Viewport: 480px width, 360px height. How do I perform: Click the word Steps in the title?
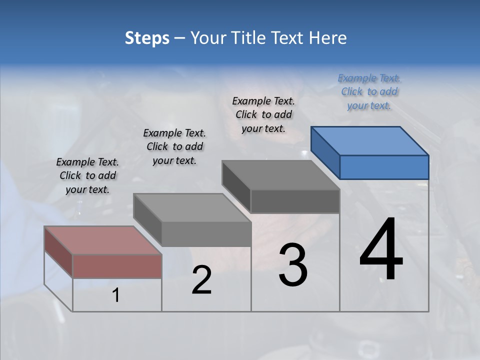147,38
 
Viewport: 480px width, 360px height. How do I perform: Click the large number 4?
381,250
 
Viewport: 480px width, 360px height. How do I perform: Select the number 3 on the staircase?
293,265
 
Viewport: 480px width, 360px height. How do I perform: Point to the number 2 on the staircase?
201,280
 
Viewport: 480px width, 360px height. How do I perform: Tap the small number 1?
115,295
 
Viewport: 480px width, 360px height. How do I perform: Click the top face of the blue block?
369,140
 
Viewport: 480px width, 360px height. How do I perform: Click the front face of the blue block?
384,167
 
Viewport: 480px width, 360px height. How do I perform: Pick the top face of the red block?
102,240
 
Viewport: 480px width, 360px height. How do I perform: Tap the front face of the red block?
117,266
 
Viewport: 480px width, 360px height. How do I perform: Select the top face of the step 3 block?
280,175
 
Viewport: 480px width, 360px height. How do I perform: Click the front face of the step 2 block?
206,234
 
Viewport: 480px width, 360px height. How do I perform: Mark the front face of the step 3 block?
295,201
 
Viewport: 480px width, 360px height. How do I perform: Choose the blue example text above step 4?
369,91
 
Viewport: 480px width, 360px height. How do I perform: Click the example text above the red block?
87,175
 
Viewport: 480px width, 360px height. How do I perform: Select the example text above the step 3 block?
263,114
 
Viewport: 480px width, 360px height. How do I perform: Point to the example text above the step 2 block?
174,146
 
